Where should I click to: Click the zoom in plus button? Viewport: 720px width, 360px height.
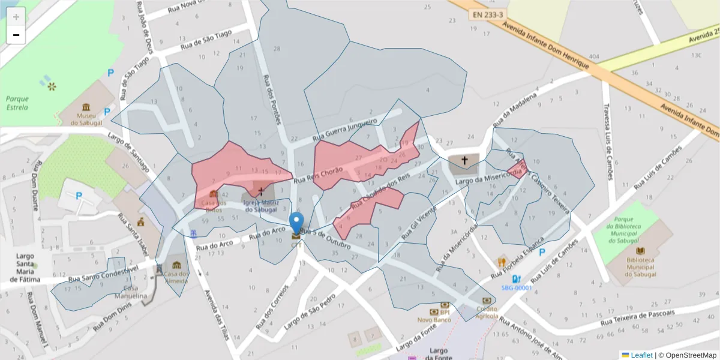click(16, 16)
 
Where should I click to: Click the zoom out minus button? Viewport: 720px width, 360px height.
click(16, 35)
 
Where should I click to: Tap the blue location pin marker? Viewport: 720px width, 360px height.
click(296, 223)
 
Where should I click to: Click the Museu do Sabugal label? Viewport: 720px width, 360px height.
click(83, 119)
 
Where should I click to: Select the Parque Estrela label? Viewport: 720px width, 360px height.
click(17, 103)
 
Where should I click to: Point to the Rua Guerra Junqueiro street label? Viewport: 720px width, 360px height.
click(343, 127)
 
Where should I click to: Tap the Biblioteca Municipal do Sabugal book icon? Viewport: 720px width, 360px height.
click(640, 251)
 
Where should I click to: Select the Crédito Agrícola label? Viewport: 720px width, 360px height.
click(487, 312)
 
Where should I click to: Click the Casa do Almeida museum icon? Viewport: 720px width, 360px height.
click(176, 265)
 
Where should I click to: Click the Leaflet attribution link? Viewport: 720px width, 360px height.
click(641, 355)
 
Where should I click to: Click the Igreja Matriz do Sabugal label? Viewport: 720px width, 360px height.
click(260, 206)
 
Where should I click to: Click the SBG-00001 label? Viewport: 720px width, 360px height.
click(517, 287)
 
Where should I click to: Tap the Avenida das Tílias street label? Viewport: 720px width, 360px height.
click(217, 316)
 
